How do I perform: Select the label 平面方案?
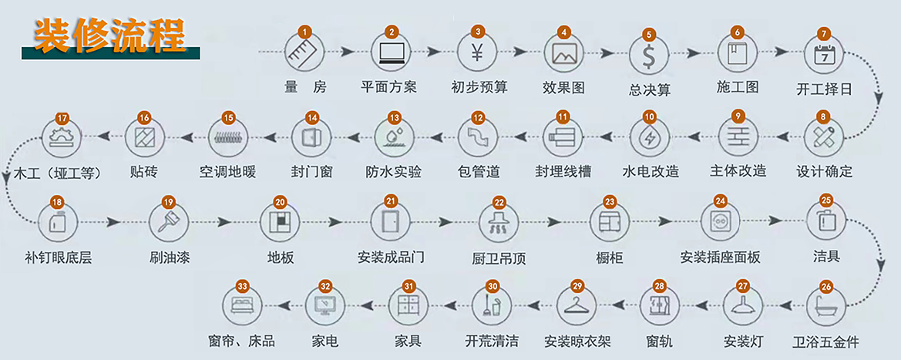coord(388,87)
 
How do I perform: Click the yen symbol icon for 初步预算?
coord(477,53)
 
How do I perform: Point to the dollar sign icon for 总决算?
coord(648,56)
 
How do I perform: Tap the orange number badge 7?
coord(824,34)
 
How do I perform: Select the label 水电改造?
coord(651,171)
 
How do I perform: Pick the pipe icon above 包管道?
coord(477,139)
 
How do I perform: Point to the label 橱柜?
coord(610,257)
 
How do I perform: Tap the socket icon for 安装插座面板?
coord(720,222)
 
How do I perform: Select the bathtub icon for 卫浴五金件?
coord(826,306)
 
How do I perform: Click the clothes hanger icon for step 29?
coord(577,306)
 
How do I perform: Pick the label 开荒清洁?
coord(492,340)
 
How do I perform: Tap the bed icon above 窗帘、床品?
coord(242,306)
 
